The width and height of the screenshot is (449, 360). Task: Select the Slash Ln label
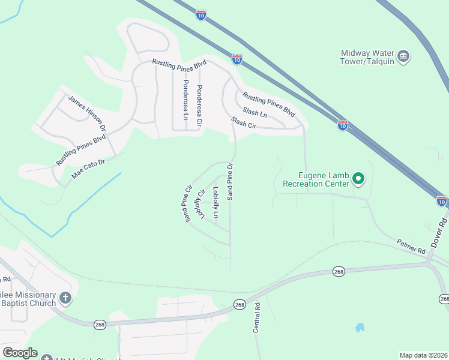click(x=255, y=112)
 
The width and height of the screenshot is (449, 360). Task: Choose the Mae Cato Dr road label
click(x=88, y=169)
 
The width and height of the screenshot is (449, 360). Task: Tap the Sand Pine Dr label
click(x=229, y=182)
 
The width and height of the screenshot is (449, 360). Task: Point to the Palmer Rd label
click(x=411, y=246)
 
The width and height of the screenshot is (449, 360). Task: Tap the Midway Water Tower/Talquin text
click(x=366, y=57)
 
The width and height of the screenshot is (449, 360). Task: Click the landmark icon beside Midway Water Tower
click(x=403, y=57)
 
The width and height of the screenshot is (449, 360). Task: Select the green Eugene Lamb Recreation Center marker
click(x=358, y=178)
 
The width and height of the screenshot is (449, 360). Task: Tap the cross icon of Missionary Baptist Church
click(x=65, y=298)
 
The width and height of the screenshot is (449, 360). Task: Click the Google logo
click(x=20, y=353)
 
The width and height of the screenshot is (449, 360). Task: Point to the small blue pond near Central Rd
click(x=360, y=328)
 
